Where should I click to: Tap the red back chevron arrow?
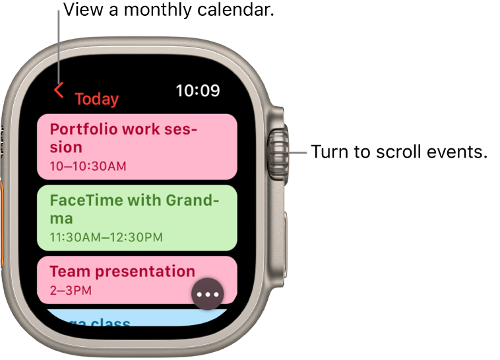[59, 90]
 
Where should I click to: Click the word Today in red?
[96, 99]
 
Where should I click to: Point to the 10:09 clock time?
[197, 90]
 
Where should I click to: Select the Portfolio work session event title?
[124, 137]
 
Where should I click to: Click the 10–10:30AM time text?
[88, 165]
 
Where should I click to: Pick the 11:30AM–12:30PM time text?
[106, 237]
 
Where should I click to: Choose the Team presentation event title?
[122, 271]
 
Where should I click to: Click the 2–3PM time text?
[71, 289]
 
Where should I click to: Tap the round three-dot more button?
[208, 294]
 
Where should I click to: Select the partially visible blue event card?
[132, 318]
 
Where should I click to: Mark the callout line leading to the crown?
[297, 153]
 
